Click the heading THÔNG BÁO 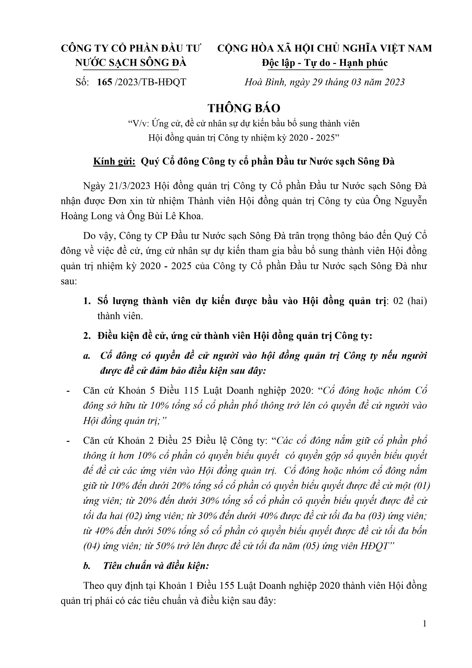[x=244, y=108]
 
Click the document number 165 [x=104, y=82]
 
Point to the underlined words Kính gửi [x=114, y=161]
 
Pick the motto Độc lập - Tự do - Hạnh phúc [x=325, y=63]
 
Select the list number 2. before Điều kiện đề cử [x=87, y=336]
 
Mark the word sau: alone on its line [x=69, y=281]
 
